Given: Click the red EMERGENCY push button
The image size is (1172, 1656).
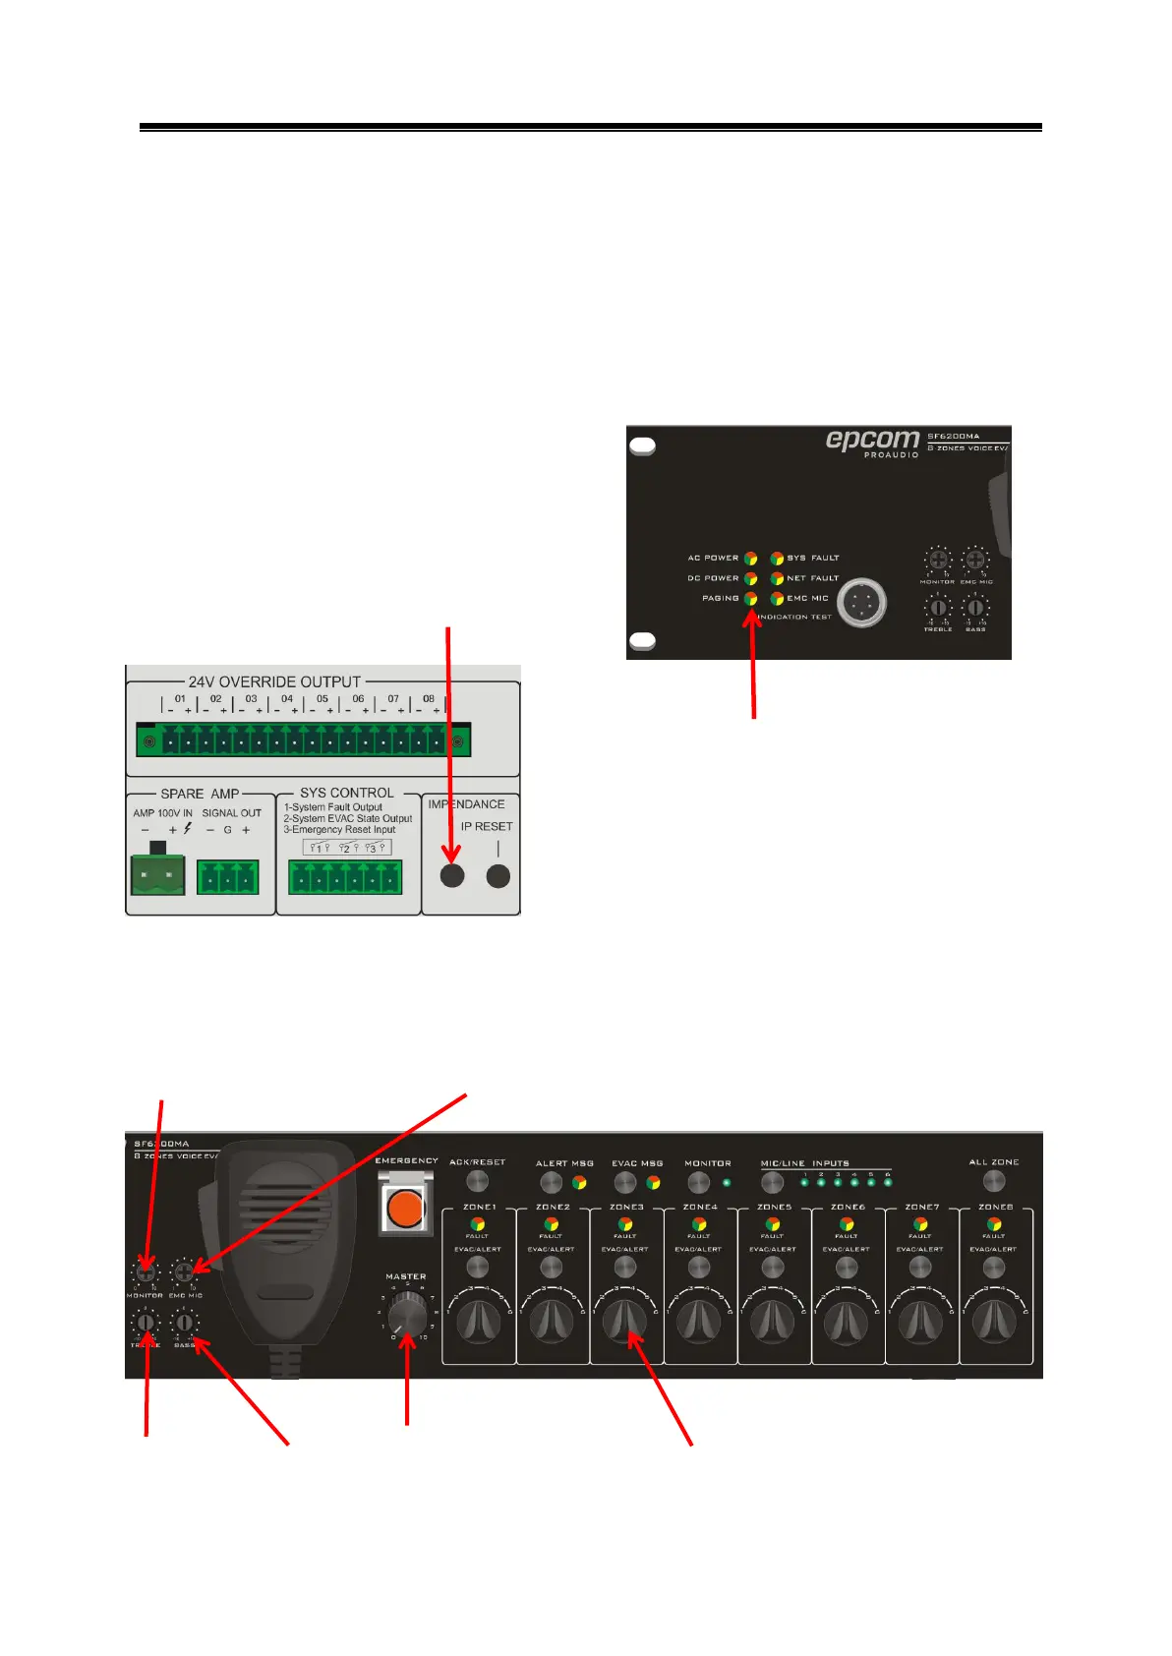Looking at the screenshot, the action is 404,1208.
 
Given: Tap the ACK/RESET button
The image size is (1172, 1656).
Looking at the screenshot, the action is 477,1181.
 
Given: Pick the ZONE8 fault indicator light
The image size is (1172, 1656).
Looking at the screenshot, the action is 994,1224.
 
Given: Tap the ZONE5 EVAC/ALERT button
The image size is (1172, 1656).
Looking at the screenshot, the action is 773,1266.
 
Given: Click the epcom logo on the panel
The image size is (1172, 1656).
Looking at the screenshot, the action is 872,440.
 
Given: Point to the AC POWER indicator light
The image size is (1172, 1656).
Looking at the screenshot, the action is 750,559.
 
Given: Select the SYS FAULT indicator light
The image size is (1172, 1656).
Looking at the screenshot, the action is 777,559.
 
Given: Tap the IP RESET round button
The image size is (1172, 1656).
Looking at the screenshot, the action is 498,875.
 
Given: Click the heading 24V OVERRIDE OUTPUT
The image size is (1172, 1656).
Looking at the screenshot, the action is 274,681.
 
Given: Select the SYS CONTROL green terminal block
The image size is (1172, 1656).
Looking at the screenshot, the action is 345,876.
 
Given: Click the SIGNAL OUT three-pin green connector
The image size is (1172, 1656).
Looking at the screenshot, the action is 227,876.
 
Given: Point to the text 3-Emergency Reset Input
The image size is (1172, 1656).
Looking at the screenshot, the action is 339,830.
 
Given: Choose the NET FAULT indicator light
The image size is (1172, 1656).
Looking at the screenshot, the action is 777,578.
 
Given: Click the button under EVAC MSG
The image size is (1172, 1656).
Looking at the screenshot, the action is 624,1182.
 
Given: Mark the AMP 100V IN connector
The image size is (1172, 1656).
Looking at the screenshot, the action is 157,874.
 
